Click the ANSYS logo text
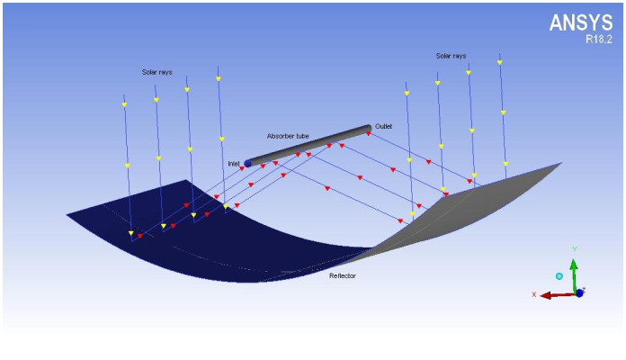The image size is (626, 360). point(581,23)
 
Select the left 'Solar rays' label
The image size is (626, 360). point(156,72)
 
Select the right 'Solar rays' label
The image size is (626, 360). point(451,56)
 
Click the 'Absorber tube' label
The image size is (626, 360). point(288,136)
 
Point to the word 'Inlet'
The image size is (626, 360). point(234,164)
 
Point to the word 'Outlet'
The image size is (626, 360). point(384,127)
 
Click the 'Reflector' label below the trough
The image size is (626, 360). point(342,275)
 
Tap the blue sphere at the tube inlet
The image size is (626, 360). point(248,164)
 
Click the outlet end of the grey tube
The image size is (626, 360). point(367,129)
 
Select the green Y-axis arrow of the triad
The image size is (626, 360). point(574,270)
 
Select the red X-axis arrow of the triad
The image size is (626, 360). point(553,294)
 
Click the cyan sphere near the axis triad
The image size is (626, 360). point(559,276)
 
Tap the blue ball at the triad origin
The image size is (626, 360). point(579,292)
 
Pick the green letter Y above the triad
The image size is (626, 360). point(574,247)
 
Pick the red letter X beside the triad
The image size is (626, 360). point(534,294)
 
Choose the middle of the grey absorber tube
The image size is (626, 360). point(308,146)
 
